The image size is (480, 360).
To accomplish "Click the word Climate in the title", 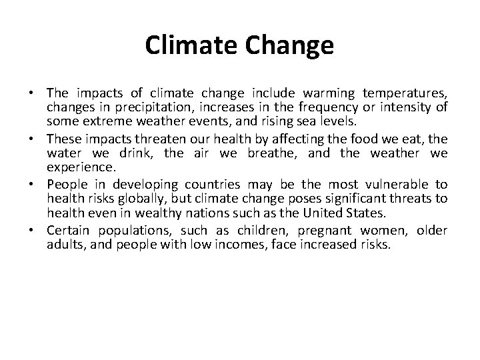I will coord(189,45).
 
